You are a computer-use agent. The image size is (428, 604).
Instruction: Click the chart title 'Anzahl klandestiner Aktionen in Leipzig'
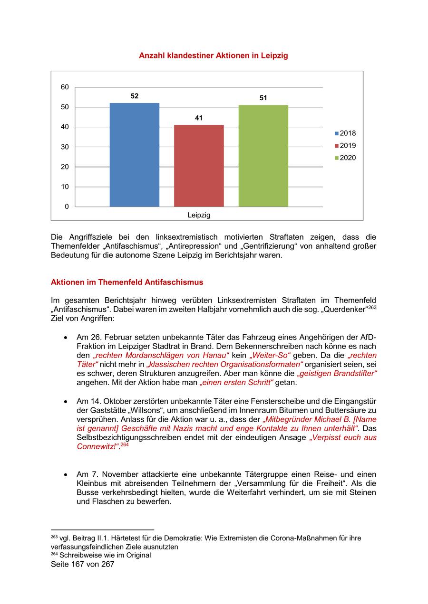pos(213,56)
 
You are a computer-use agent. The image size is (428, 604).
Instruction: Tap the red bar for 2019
pos(199,166)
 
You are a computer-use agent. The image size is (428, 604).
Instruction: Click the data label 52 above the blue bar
pos(135,96)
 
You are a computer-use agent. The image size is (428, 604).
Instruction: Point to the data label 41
pos(199,118)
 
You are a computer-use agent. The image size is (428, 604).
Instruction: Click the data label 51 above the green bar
pos(263,98)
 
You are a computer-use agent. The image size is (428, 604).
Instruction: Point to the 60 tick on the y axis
pos(65,87)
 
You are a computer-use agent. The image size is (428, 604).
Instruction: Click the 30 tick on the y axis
pos(65,147)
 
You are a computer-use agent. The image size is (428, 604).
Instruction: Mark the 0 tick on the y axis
pos(67,207)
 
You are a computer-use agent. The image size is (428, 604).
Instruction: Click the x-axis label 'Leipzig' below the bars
pos(199,215)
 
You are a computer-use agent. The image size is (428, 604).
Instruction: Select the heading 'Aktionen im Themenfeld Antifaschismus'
pos(127,282)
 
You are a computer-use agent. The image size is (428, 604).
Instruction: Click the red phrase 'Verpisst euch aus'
pos(343,437)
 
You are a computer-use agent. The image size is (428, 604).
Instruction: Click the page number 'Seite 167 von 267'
pos(83,564)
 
